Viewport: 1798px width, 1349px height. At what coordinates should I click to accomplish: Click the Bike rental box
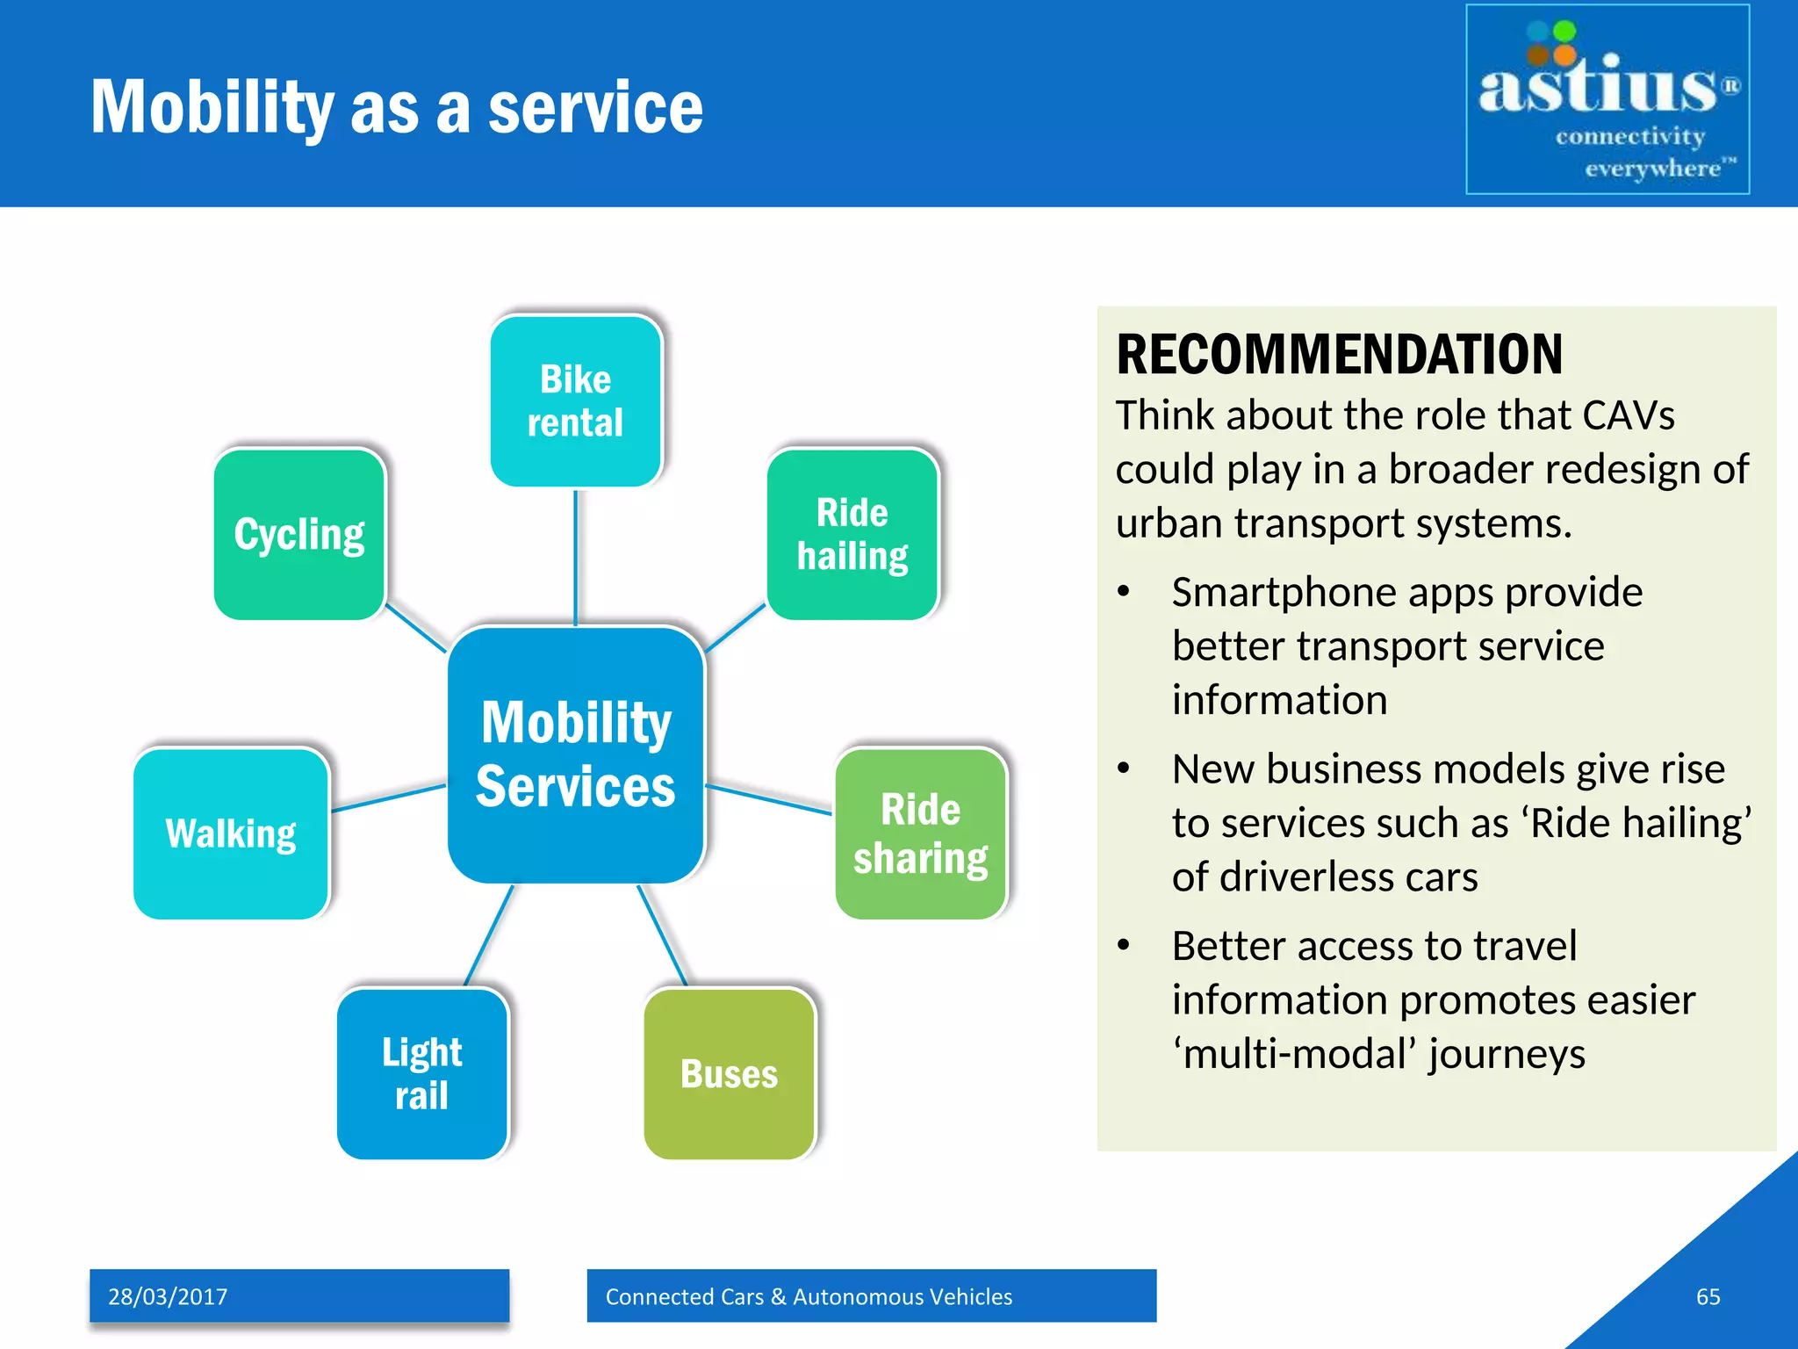pyautogui.click(x=575, y=401)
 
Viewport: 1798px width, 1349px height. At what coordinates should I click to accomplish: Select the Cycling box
pyautogui.click(x=299, y=534)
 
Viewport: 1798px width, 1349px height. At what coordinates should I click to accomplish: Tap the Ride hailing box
pyautogui.click(x=852, y=534)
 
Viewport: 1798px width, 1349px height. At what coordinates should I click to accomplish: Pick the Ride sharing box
pyautogui.click(x=920, y=833)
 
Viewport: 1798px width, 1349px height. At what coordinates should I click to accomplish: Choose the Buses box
pyautogui.click(x=729, y=1073)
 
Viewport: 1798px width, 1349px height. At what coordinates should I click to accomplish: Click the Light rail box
pyautogui.click(x=422, y=1073)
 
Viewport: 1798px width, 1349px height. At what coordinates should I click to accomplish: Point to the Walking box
pyautogui.click(x=231, y=833)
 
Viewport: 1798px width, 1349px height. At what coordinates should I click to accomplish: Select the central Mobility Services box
pyautogui.click(x=576, y=754)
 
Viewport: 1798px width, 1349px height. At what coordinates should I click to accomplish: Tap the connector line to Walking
pyautogui.click(x=389, y=797)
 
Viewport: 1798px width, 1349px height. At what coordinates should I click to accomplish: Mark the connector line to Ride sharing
pyautogui.click(x=769, y=799)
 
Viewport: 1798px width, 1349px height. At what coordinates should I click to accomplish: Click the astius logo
pyautogui.click(x=1607, y=99)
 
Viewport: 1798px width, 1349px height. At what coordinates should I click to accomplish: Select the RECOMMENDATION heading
pyautogui.click(x=1339, y=354)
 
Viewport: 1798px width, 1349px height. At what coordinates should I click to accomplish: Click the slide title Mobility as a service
pyautogui.click(x=397, y=107)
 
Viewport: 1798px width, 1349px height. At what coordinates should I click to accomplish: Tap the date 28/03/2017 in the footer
pyautogui.click(x=168, y=1296)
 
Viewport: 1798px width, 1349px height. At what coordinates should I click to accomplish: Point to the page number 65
pyautogui.click(x=1708, y=1296)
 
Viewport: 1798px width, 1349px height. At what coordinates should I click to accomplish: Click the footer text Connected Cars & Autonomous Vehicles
pyautogui.click(x=809, y=1296)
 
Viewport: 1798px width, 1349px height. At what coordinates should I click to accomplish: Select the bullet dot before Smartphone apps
pyautogui.click(x=1123, y=592)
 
